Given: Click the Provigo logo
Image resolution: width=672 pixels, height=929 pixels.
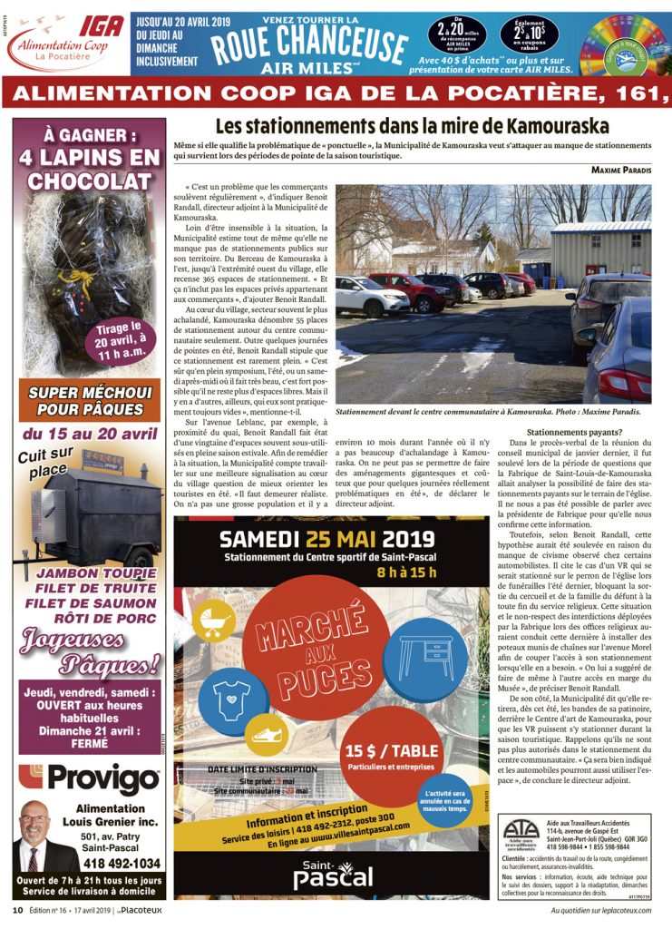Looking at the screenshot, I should [90, 779].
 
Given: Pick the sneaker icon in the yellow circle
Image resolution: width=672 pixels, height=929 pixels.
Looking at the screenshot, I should [268, 734].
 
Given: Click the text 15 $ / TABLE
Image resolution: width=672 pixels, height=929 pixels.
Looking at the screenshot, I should [392, 752].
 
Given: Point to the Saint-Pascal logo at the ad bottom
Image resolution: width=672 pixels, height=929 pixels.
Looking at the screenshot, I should [332, 874].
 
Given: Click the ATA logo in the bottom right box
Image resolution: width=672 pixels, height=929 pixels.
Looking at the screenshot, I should [521, 832].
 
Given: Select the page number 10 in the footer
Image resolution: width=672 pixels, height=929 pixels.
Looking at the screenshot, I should [17, 910].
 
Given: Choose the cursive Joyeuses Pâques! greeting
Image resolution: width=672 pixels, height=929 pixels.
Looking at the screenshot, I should [91, 652].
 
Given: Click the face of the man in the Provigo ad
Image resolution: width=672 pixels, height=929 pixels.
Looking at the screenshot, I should [35, 826].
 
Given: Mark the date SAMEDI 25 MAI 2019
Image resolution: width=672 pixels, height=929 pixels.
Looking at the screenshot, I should [332, 540].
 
